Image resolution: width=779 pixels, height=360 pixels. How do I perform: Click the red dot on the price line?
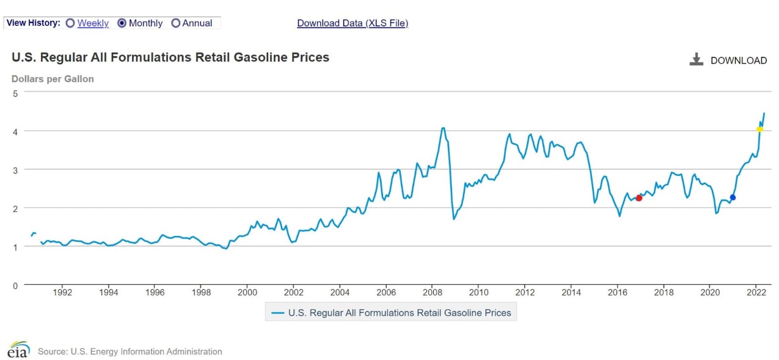639,198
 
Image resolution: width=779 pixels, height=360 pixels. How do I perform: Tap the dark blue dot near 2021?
733,197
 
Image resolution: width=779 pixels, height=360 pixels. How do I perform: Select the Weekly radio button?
70,23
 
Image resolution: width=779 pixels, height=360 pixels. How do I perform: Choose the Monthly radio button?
122,23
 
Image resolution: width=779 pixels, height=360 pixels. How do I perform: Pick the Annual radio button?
176,23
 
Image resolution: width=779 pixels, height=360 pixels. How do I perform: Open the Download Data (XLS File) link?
352,23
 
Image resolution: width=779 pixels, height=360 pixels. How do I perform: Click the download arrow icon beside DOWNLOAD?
696,60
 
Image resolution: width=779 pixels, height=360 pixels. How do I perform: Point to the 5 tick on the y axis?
16,92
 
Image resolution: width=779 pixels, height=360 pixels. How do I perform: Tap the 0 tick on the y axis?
16,285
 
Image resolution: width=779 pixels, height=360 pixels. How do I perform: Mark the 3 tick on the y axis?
16,169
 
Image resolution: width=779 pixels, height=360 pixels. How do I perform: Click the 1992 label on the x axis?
62,292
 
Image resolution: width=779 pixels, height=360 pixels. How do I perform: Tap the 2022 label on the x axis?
756,292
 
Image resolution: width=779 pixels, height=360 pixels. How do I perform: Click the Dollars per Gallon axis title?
53,79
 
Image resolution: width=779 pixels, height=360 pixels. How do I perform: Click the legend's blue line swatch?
278,313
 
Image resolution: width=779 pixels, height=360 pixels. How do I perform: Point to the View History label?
33,23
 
